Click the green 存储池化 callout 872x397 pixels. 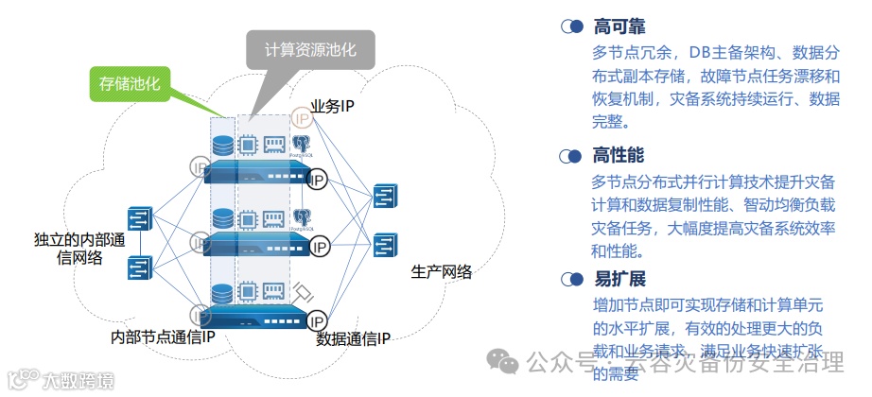point(131,85)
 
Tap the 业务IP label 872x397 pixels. point(332,107)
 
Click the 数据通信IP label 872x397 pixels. point(353,337)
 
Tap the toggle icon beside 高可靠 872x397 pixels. point(571,26)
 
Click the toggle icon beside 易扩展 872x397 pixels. point(571,280)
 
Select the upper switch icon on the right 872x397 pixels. point(385,197)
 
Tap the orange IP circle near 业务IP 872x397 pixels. point(302,118)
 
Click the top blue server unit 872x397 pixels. point(257,174)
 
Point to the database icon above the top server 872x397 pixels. point(222,147)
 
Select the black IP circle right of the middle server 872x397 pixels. point(319,247)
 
